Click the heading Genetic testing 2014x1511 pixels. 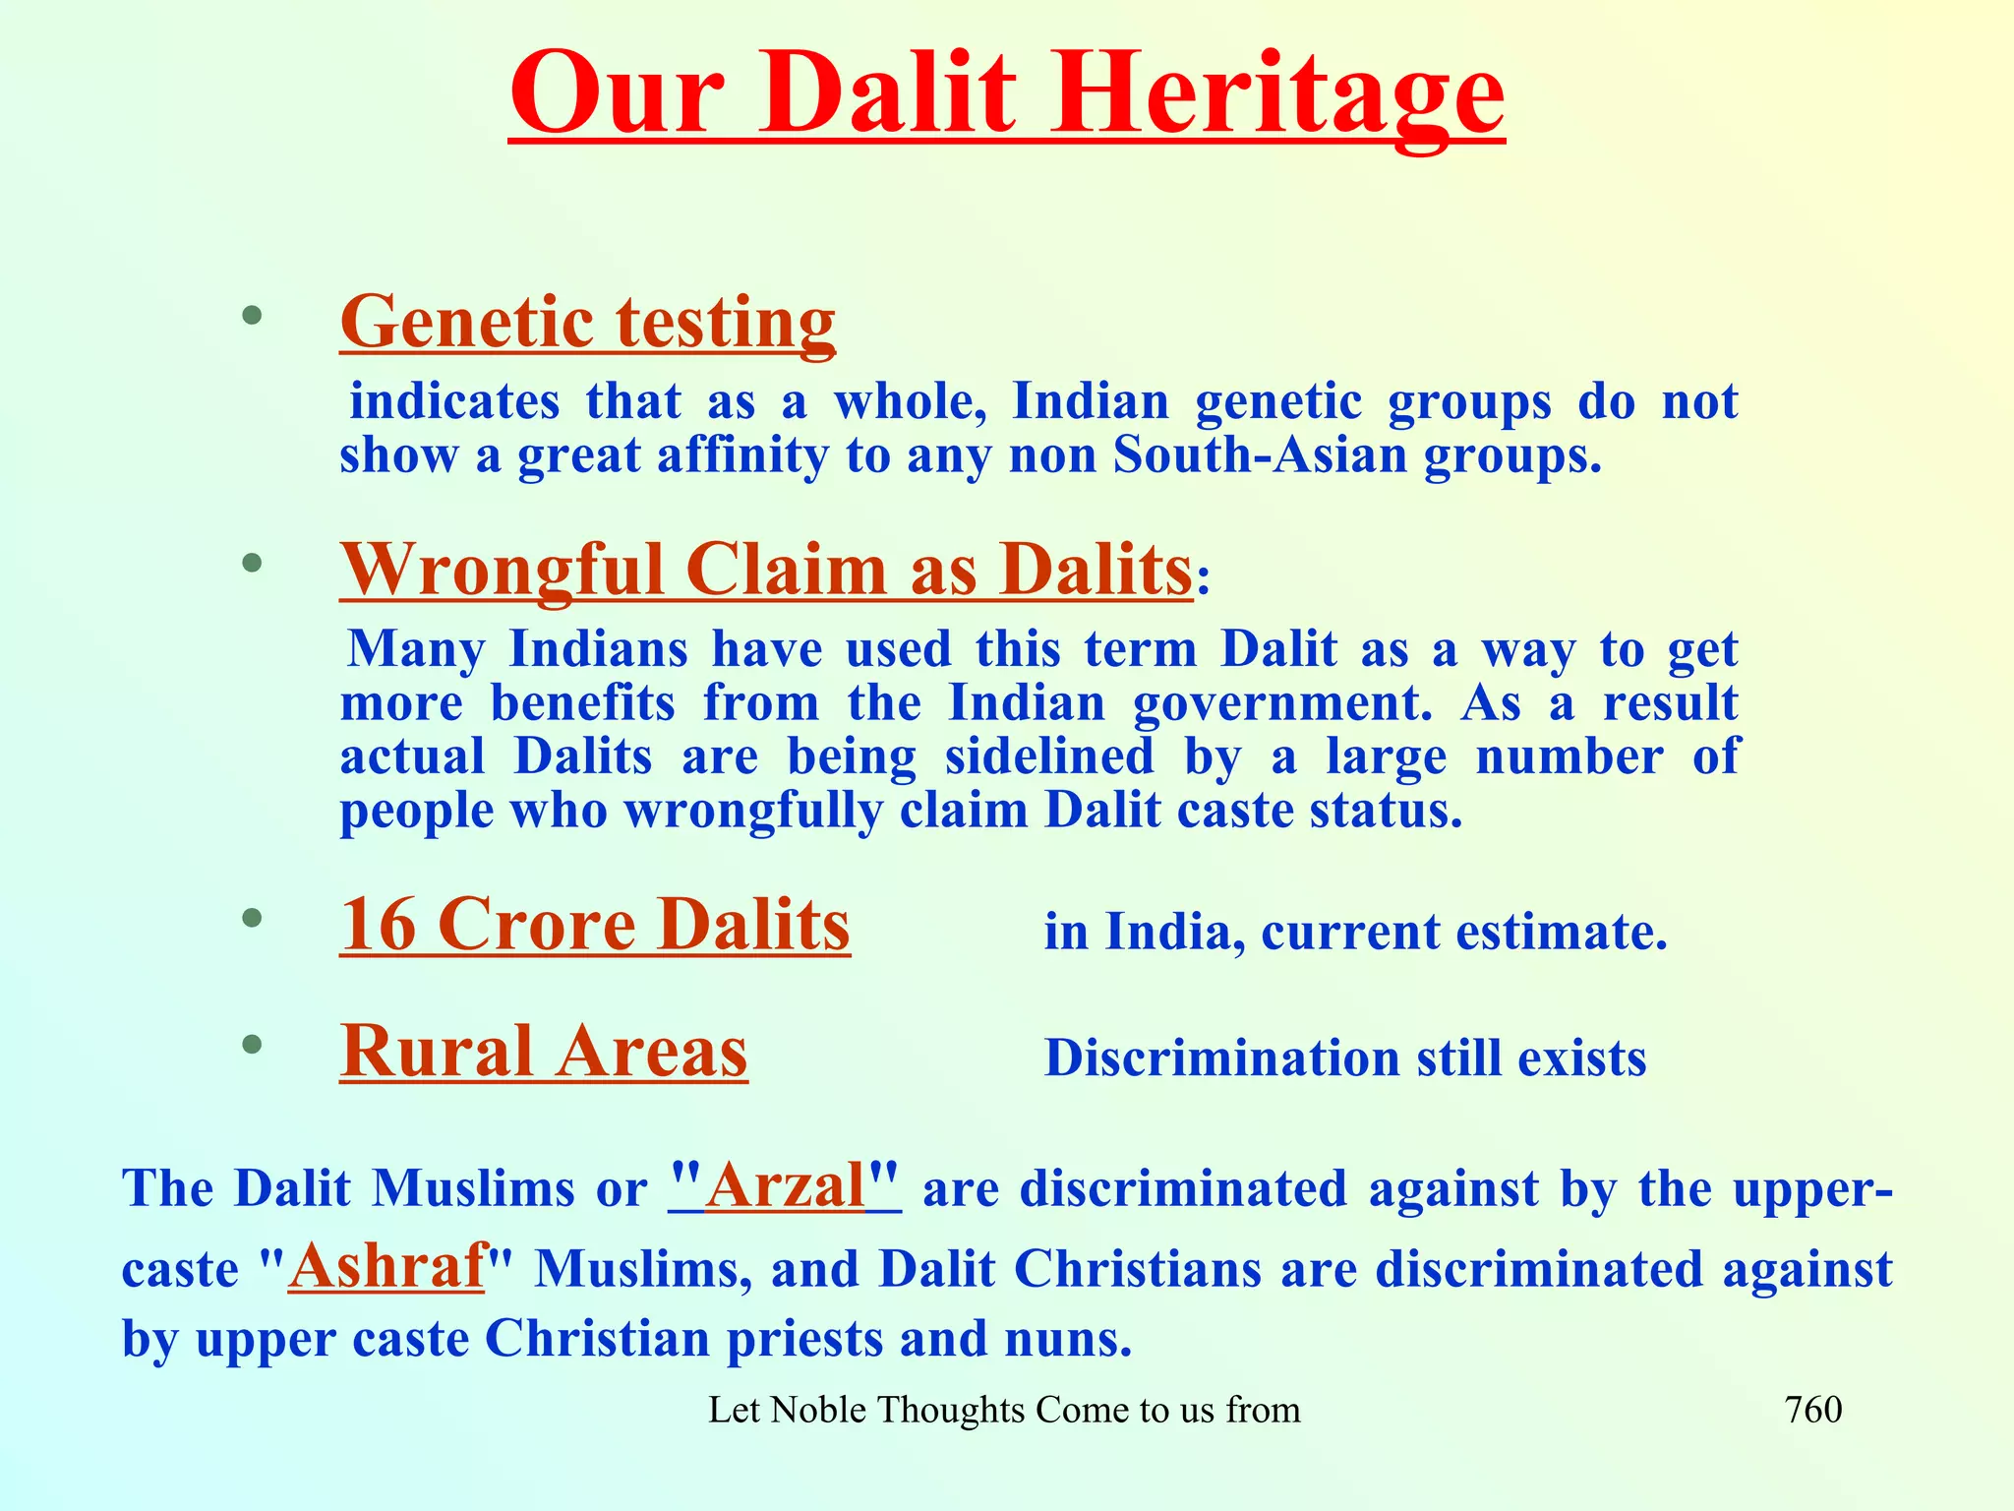pos(587,322)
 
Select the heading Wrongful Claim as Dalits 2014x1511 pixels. pos(766,570)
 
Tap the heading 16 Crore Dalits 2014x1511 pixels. pos(595,925)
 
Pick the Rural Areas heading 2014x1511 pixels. pos(544,1052)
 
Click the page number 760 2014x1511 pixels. pos(1812,1410)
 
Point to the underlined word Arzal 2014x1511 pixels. pos(784,1185)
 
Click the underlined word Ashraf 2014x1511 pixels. pos(386,1265)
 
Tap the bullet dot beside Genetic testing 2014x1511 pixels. pos(253,316)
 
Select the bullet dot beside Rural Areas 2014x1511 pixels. pos(253,1045)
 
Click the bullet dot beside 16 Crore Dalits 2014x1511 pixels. pos(253,918)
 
